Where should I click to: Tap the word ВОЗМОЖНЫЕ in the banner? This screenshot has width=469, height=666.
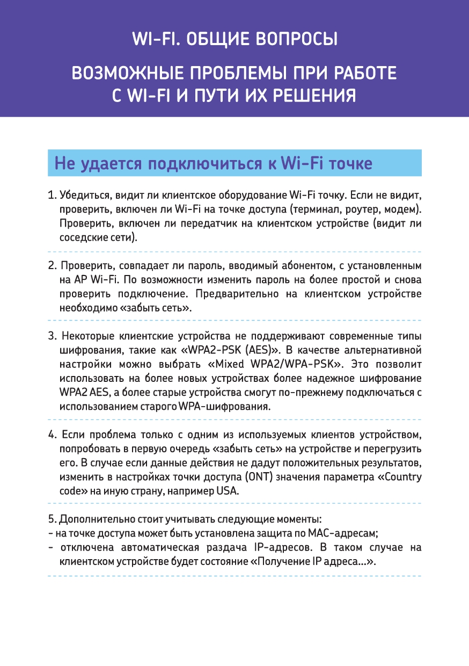click(125, 73)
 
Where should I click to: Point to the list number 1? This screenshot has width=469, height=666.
click(52, 194)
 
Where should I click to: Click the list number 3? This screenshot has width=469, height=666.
click(52, 337)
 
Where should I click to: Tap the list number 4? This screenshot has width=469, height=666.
click(52, 435)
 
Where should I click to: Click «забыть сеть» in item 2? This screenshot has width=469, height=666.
click(160, 308)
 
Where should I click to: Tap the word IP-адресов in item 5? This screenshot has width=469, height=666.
click(280, 548)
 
